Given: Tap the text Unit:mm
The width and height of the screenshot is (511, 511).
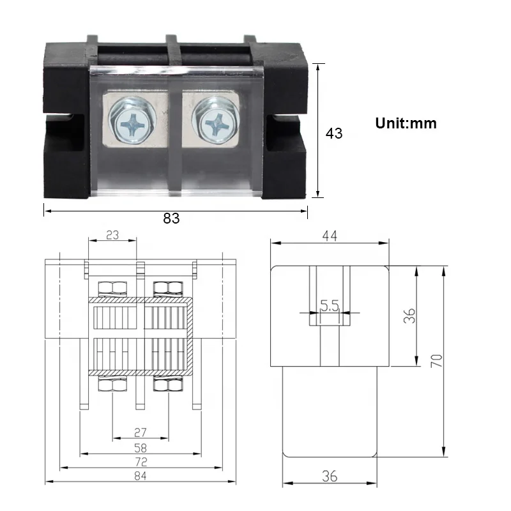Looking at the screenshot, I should point(406,123).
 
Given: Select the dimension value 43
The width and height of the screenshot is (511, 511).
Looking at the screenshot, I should point(334,133).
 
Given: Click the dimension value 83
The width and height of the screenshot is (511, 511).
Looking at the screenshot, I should point(171,218).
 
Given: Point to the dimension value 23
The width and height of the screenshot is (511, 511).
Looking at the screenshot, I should point(112,234).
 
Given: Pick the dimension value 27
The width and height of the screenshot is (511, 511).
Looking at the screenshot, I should point(141,432).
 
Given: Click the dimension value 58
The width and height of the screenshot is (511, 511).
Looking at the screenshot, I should point(141,448).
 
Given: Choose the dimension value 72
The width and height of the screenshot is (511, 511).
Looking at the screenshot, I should point(141,462).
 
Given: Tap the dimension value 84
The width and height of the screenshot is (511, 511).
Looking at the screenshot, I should point(141,475).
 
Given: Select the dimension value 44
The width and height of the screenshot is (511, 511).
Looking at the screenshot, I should point(330,236).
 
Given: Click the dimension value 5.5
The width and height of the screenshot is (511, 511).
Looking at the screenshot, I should point(330,307).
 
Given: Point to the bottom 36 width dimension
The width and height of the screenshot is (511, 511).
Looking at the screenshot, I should point(330,476).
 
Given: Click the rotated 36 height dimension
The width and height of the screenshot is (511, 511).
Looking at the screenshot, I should point(409,315).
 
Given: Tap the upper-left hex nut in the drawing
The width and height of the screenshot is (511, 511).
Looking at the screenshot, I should point(112,288).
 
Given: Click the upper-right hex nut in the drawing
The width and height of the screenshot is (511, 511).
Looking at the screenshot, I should point(167,288).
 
